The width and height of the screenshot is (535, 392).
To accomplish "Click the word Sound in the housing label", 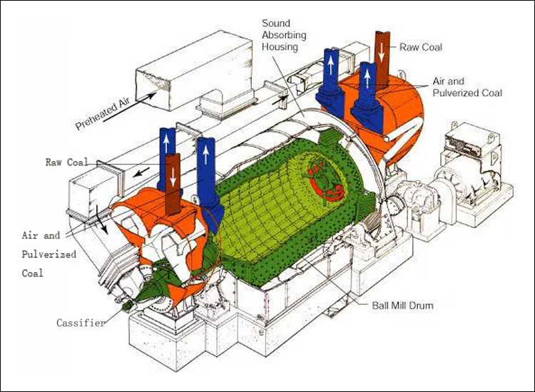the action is pyautogui.click(x=276, y=24).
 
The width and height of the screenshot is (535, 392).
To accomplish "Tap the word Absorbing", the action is pyautogui.click(x=284, y=35).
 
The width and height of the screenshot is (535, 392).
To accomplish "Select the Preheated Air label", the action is pyautogui.click(x=103, y=113).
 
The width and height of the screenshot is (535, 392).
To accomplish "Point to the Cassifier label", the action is pyautogui.click(x=81, y=322).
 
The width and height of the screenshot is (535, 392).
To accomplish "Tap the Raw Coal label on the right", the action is pyautogui.click(x=421, y=47).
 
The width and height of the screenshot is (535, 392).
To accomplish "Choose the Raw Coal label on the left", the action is pyautogui.click(x=67, y=162).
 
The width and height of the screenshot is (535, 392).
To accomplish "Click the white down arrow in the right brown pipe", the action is pyautogui.click(x=382, y=51).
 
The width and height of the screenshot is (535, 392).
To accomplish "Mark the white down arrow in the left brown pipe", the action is pyautogui.click(x=173, y=177).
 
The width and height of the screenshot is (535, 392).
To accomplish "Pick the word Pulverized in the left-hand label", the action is pyautogui.click(x=49, y=254).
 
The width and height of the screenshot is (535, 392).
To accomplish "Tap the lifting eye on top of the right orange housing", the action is pyautogui.click(x=402, y=73).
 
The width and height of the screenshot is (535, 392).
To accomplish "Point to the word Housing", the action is pyautogui.click(x=280, y=46).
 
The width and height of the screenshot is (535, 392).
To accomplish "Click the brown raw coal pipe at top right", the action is pyautogui.click(x=382, y=58).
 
